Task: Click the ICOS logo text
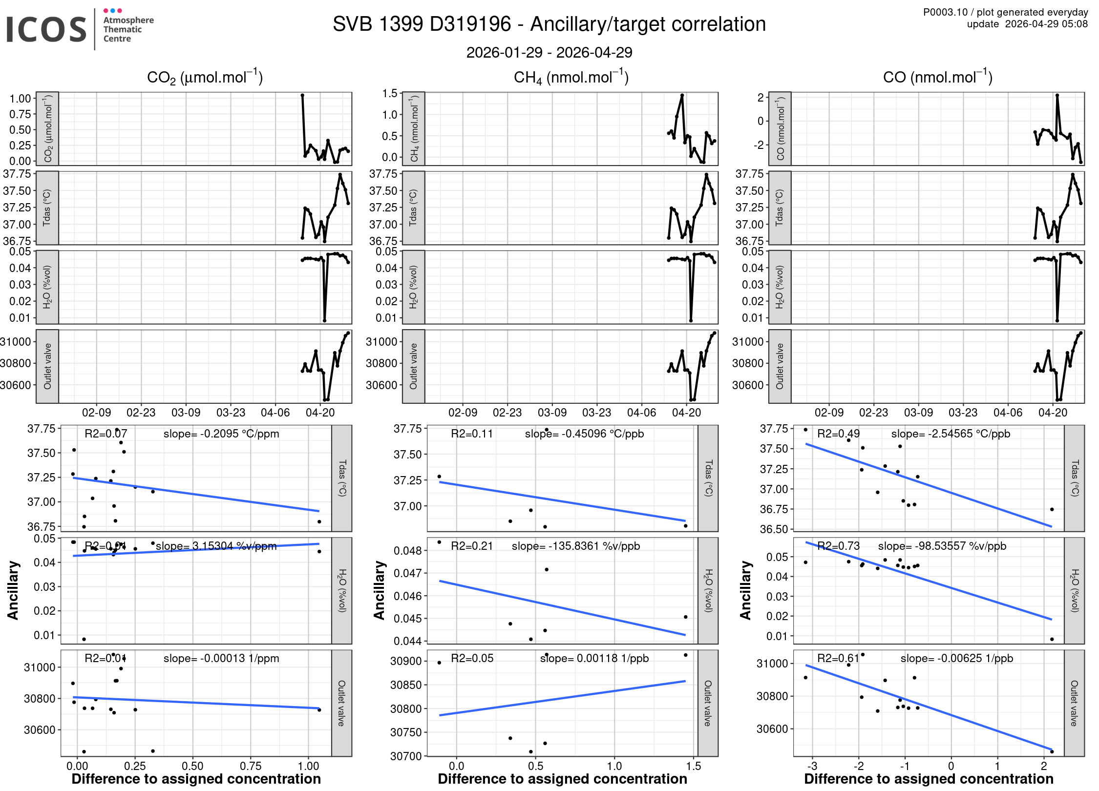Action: click(46, 29)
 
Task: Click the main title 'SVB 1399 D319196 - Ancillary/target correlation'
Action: click(549, 24)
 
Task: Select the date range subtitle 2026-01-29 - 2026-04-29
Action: click(549, 52)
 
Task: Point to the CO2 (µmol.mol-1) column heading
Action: click(205, 77)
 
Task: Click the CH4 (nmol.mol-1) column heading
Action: click(571, 77)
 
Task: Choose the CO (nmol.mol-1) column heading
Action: click(937, 77)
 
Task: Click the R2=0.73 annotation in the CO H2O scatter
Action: click(838, 546)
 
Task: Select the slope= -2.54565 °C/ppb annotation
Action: click(951, 434)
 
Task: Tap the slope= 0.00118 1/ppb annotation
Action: click(594, 658)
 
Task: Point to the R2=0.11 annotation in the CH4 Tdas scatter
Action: click(472, 434)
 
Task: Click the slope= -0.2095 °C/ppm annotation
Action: click(221, 434)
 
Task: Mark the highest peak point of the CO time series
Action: click(1057, 96)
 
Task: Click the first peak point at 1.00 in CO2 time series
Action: click(302, 96)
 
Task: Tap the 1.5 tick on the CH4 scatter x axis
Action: click(693, 766)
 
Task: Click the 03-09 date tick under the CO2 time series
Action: click(186, 413)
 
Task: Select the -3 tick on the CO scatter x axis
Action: click(812, 766)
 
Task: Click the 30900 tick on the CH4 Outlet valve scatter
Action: click(405, 661)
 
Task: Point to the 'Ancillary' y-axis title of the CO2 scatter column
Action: click(13, 590)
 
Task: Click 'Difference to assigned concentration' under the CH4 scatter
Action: click(562, 779)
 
